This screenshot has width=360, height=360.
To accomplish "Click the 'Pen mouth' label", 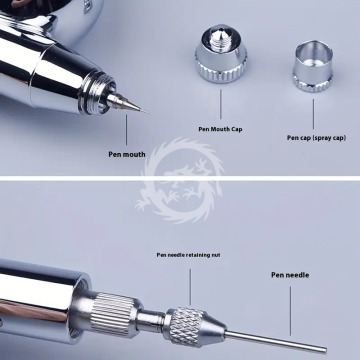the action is tap(127, 154).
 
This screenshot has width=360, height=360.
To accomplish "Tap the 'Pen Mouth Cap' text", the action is tap(220, 129).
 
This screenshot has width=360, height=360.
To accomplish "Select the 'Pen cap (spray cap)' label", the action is tap(316, 137).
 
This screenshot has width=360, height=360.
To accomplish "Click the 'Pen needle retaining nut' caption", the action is tap(188, 255).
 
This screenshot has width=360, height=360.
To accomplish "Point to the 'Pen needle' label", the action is tap(290, 275).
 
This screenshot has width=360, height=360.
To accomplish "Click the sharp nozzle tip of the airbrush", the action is tap(146, 111).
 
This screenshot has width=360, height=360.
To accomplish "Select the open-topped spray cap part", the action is tap(313, 66).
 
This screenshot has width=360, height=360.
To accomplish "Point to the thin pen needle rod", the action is tap(276, 341).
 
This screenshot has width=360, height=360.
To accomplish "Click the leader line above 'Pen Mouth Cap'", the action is tap(220, 104).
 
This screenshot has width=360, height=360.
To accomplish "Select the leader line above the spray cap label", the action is tap(313, 114).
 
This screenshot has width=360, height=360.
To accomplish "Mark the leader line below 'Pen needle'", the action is tap(290, 311).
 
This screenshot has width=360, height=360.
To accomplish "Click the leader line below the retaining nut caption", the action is tap(190, 287).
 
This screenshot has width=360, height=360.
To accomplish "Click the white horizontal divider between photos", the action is tap(180, 179).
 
